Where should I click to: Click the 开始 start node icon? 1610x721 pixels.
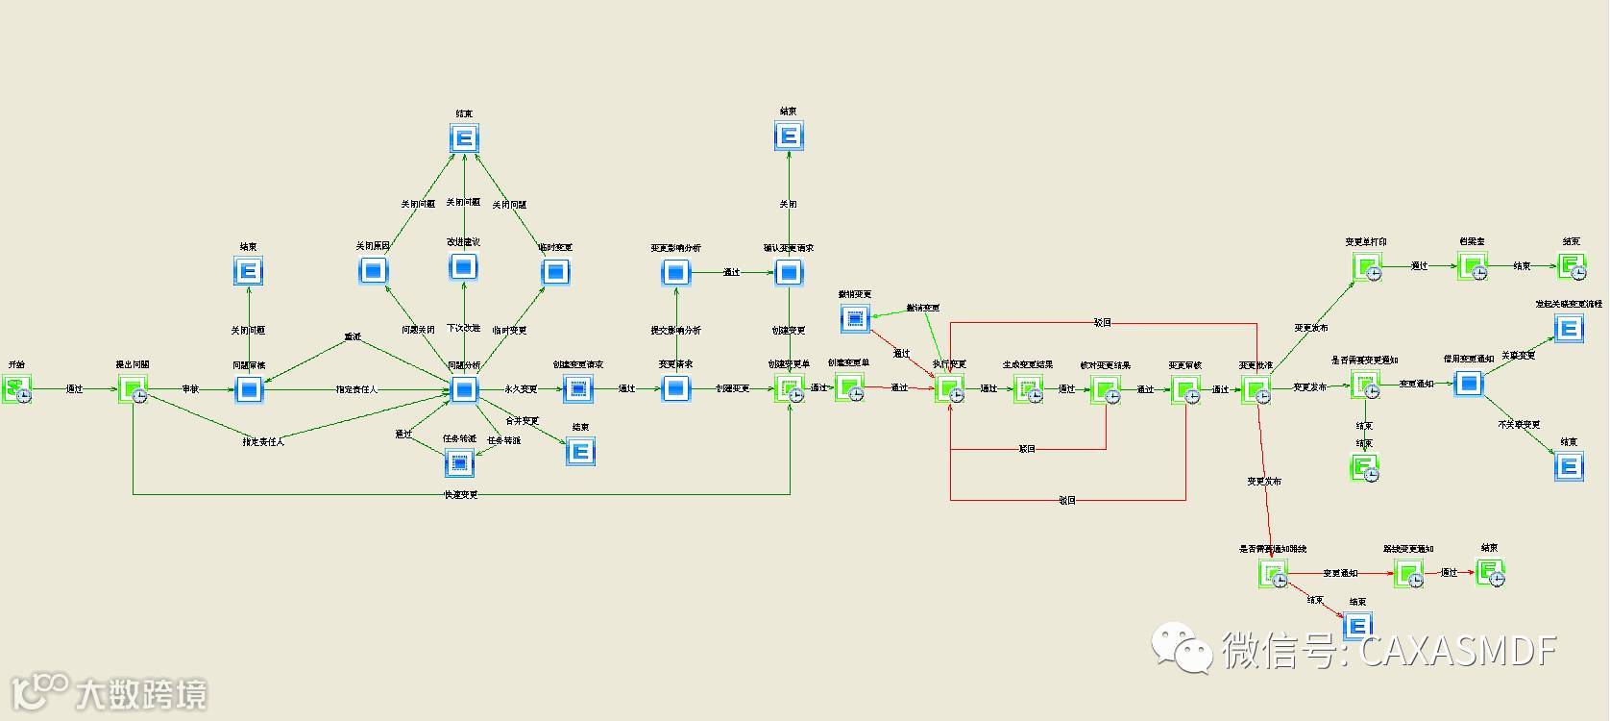(16, 388)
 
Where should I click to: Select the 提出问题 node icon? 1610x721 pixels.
(133, 389)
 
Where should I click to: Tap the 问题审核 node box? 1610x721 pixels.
(249, 389)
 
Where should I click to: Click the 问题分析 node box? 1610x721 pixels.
(464, 389)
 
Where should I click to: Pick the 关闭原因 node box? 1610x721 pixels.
(373, 272)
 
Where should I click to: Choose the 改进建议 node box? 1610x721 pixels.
(464, 266)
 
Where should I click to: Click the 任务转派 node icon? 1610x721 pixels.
(459, 463)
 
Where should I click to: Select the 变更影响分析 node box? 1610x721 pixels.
(675, 273)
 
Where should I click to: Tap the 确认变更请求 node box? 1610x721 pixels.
(789, 273)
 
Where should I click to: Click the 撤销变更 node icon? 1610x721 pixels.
(855, 318)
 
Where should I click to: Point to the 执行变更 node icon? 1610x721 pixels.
(949, 389)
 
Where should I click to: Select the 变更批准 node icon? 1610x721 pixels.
(1256, 389)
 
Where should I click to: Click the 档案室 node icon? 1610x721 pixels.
(1472, 266)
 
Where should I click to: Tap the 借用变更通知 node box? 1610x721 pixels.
(1468, 384)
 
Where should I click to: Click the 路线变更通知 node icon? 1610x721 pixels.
(1408, 574)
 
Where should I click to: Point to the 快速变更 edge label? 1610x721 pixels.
(461, 495)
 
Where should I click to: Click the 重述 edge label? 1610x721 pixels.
(354, 337)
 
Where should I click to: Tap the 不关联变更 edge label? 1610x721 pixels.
(1519, 424)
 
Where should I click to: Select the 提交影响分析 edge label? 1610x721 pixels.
(676, 331)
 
